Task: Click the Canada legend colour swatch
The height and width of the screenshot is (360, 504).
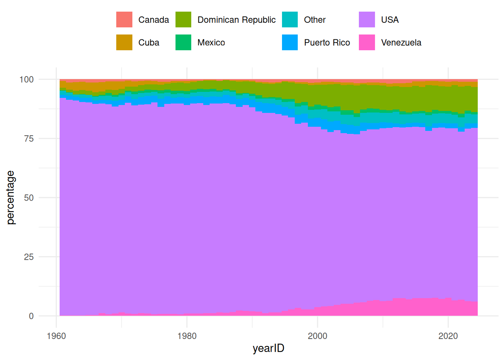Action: [124, 19]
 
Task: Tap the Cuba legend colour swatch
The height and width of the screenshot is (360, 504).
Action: [124, 42]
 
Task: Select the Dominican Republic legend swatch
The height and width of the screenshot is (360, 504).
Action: [183, 19]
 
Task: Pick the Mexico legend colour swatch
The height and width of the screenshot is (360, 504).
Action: [183, 42]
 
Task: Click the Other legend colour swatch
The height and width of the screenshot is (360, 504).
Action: [290, 19]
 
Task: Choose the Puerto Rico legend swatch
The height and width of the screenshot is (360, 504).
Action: [290, 42]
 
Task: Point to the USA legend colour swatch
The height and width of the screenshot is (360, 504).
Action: [367, 19]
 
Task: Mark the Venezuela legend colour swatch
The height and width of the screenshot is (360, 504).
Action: [367, 42]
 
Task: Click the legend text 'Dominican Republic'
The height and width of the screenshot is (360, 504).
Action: [236, 20]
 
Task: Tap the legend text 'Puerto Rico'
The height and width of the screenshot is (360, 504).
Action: [327, 43]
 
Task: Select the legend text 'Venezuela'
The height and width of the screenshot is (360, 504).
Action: [401, 43]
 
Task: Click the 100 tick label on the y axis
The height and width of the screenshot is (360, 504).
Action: [26, 79]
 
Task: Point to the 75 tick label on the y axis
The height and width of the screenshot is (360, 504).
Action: [28, 139]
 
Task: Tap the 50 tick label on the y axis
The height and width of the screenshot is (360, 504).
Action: [28, 198]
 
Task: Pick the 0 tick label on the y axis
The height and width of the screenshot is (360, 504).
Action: [31, 316]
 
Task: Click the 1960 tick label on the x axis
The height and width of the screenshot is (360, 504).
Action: [56, 336]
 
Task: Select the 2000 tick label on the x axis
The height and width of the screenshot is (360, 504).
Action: [317, 336]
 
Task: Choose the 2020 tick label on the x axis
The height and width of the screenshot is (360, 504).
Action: [448, 336]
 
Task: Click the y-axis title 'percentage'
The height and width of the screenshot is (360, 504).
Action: [10, 198]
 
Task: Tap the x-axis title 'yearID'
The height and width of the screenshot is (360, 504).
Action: [268, 348]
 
